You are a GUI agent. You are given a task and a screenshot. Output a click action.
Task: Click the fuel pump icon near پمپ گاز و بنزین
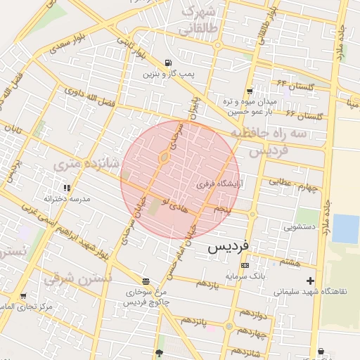click(168, 62)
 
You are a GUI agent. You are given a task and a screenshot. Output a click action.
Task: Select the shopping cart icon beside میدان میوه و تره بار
click(250, 91)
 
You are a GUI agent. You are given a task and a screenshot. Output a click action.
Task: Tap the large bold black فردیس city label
click(229, 247)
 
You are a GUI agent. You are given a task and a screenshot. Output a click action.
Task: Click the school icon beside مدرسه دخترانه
click(67, 188)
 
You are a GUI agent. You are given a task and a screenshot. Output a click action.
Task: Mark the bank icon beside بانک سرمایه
click(244, 265)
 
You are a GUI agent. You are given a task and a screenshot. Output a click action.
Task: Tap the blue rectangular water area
click(345, 229)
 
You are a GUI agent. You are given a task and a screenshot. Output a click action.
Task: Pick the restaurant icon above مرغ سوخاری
click(145, 281)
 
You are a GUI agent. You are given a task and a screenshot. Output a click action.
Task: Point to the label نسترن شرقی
click(77, 278)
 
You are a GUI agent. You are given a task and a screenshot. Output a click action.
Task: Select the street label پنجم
click(223, 209)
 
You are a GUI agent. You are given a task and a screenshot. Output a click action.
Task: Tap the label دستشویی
click(298, 227)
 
